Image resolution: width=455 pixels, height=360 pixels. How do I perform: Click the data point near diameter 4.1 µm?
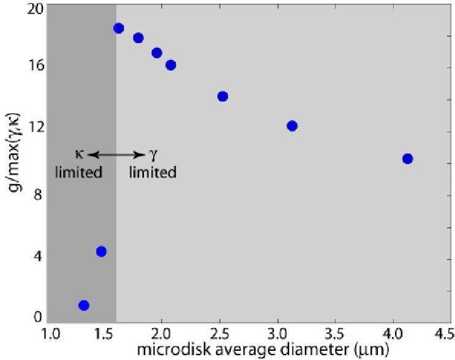(407, 159)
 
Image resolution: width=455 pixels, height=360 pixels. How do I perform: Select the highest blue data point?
(119, 28)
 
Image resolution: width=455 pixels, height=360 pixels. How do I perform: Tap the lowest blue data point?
(84, 305)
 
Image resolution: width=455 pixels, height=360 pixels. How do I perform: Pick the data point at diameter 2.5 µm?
(222, 96)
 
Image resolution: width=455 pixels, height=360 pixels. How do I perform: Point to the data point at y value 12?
(292, 126)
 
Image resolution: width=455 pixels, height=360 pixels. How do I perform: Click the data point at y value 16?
(171, 65)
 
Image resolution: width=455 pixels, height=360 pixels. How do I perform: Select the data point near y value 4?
(101, 251)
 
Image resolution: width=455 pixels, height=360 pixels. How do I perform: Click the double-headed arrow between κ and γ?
(116, 155)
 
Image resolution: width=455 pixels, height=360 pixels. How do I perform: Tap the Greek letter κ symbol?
(80, 154)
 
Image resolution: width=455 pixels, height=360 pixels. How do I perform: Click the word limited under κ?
(78, 172)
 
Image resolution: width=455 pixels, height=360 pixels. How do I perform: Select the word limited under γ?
(152, 172)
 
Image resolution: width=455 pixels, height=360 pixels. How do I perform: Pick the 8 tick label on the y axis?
(38, 195)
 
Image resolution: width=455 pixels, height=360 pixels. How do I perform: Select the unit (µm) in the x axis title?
(372, 350)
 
